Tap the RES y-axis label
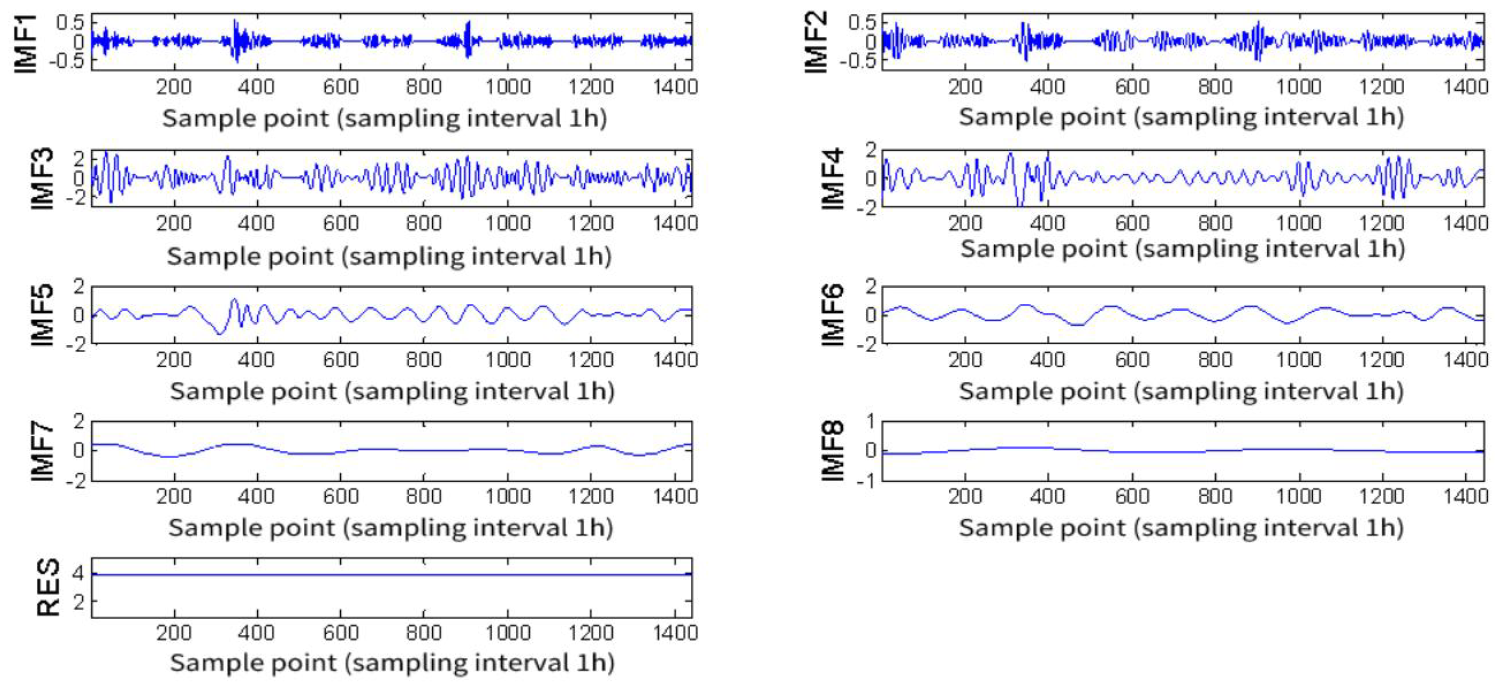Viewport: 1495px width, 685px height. [47, 587]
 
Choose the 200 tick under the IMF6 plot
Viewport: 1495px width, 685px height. [964, 360]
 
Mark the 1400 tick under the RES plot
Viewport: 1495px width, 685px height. [675, 632]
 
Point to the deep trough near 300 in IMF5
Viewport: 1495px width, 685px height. [219, 333]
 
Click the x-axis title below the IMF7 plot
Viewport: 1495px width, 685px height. [390, 528]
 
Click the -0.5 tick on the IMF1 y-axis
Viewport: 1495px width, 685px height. [69, 60]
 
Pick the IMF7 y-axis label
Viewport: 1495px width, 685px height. [42, 451]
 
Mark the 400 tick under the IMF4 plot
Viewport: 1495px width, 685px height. [1047, 223]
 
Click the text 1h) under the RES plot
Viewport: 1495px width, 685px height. [593, 663]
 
